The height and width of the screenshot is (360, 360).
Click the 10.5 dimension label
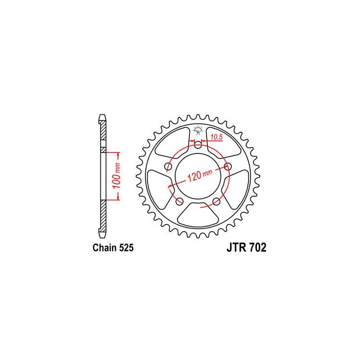pyautogui.click(x=216, y=137)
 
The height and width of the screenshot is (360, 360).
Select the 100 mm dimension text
pyautogui.click(x=117, y=175)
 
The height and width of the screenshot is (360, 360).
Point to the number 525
pyautogui.click(x=126, y=248)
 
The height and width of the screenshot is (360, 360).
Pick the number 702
pyautogui.click(x=257, y=248)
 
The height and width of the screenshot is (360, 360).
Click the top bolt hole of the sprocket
pyautogui.click(x=198, y=145)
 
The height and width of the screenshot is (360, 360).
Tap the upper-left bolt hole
pyautogui.click(x=168, y=166)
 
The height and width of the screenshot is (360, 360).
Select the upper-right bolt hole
pyautogui.click(x=228, y=166)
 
